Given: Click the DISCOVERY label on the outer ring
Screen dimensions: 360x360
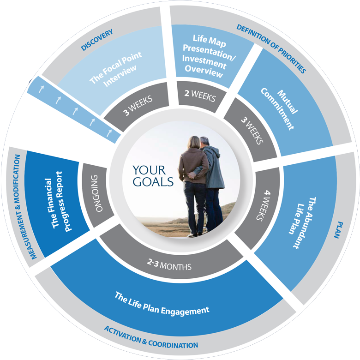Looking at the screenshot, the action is point(97,40).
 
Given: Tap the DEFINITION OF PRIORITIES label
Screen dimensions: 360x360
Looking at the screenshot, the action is point(271,48).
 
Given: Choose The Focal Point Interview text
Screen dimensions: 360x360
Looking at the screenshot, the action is point(116,69).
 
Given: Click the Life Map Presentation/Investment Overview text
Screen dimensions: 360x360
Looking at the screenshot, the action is point(208,56).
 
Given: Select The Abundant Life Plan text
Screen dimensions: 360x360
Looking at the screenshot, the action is point(303,222).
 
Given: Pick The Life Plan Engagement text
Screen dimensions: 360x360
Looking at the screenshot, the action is point(162,304).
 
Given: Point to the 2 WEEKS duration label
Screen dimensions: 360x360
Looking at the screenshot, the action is point(200,95).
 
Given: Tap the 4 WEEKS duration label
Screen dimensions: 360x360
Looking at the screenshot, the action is point(264,205).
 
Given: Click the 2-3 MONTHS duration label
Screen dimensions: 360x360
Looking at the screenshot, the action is point(169,265).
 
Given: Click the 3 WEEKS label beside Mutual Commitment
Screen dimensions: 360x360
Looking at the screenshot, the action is point(252,131).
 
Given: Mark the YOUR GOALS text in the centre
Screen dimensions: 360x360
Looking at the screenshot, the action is point(153,176).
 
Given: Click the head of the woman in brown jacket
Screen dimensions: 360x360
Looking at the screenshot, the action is point(194,143).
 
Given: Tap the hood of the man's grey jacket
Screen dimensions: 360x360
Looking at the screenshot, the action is point(213,151).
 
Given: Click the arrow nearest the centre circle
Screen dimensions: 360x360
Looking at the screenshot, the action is point(109,133).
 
